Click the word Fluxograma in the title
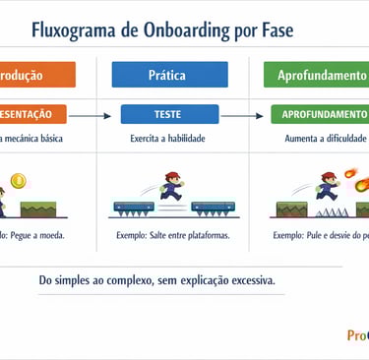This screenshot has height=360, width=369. point(74,30)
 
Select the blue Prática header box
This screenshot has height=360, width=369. point(169,75)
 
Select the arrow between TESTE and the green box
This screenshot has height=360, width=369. point(248,116)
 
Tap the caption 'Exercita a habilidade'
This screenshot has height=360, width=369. point(167,139)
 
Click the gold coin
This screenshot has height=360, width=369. point(17,180)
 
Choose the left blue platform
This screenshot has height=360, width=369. point(135,208)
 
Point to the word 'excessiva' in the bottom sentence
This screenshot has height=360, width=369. point(249,280)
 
